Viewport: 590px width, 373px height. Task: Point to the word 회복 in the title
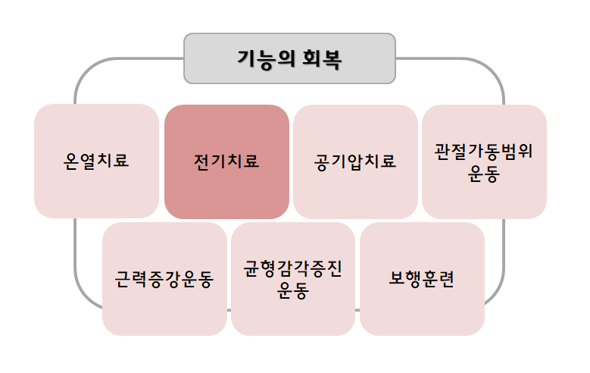click(321, 58)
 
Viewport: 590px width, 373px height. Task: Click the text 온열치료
click(96, 161)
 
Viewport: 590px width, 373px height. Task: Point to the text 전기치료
click(226, 161)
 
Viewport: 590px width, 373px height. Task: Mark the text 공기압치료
click(355, 161)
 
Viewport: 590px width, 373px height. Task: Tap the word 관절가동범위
click(484, 151)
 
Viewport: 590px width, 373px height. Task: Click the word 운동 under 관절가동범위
click(484, 173)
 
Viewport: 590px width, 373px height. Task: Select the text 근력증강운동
click(164, 280)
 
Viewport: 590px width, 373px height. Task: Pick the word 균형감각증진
click(293, 269)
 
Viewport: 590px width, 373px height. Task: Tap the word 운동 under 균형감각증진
click(293, 291)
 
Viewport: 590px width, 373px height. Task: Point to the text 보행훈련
click(422, 280)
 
